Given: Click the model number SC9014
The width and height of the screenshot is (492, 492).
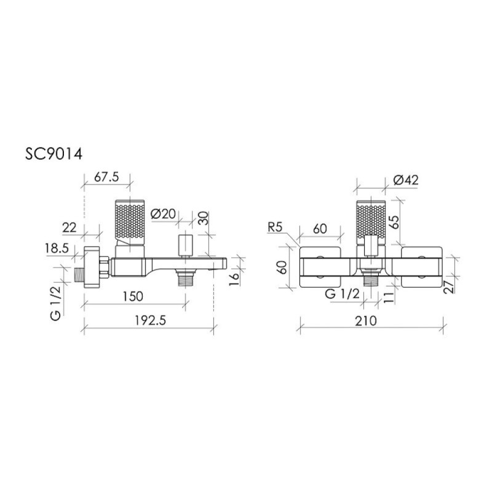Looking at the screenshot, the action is point(54,154).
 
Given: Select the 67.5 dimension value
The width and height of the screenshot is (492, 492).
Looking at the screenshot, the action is point(106,177).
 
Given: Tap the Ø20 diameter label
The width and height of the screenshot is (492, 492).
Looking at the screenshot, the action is point(163,214).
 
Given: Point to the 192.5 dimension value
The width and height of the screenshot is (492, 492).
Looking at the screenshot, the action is point(150,320).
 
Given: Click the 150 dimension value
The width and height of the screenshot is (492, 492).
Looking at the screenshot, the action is point(133,296).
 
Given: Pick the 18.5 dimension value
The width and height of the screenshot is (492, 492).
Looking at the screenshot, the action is point(57,248).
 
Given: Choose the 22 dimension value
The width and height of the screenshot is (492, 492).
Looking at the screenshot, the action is point(69,228).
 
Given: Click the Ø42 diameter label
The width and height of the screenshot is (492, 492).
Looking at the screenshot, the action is point(406,180).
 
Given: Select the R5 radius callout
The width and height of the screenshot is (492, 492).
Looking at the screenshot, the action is point(274,227).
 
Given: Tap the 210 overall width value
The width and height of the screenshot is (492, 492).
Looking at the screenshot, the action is point(366,320).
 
